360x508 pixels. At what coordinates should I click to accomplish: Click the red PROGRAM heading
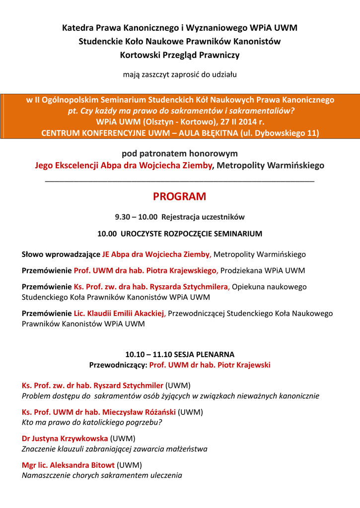pos(179,197)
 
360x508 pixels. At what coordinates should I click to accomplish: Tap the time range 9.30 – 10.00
pos(136,217)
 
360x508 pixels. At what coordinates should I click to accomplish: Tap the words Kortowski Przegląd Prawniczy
pos(180,55)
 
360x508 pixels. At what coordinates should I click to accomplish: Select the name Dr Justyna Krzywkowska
pos(65,439)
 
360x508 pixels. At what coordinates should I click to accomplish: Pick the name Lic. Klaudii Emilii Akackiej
pos(119,314)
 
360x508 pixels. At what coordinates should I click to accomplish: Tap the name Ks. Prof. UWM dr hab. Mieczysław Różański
pos(99,412)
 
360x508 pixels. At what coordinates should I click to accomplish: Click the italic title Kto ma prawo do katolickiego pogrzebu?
pos(92,423)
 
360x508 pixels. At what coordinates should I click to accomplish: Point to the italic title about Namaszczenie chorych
pos(102,475)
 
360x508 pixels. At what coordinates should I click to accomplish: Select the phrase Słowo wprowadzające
pos(61,254)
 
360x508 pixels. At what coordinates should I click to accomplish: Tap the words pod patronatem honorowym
pos(180,154)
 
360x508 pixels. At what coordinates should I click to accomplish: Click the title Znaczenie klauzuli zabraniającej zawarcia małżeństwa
pos(115,449)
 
